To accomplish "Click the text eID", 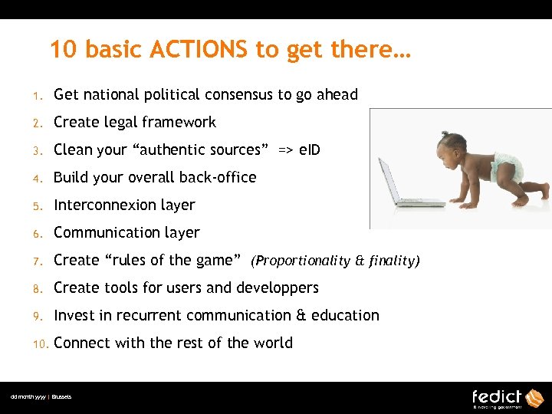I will pos(310,149).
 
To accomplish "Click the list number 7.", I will pos(35,261).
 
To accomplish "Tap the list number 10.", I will pos(38,343).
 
